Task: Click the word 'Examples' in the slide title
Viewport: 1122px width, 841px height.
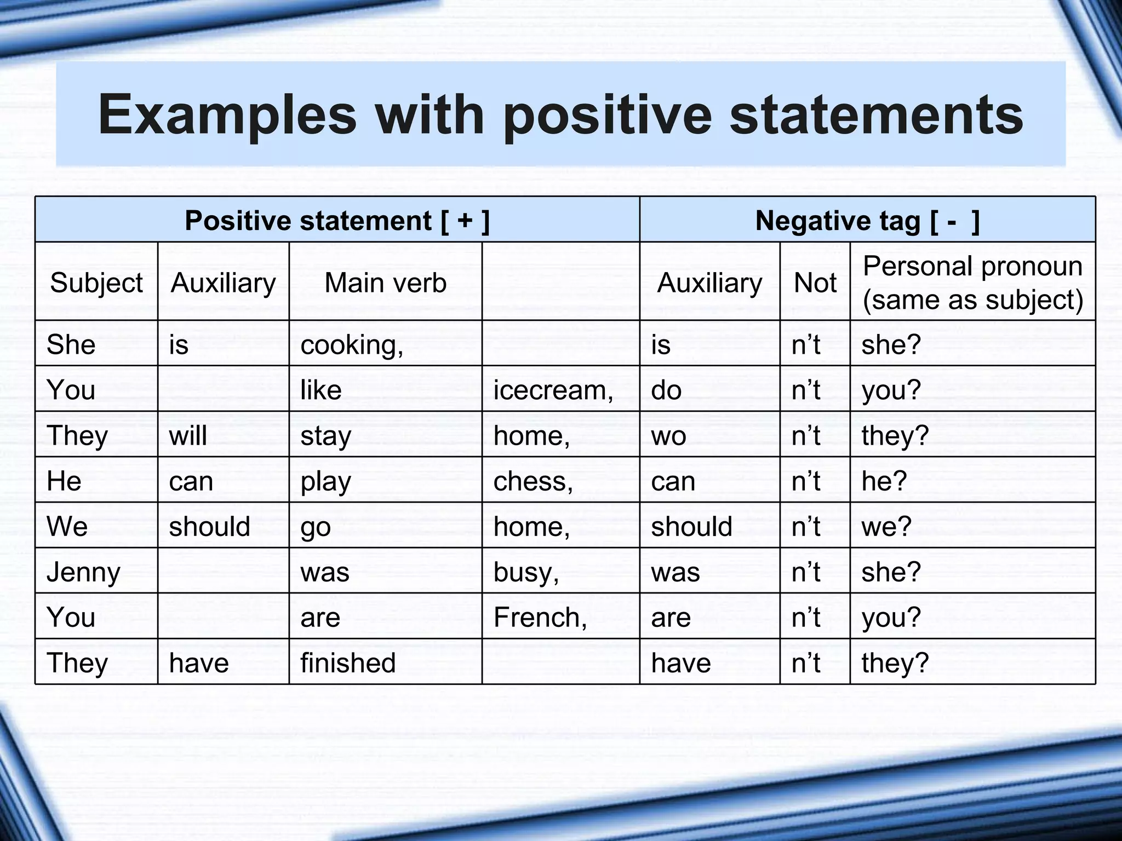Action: coord(227,115)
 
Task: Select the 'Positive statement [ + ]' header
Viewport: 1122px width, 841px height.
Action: coord(337,221)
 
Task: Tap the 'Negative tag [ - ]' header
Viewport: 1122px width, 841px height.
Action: coord(867,221)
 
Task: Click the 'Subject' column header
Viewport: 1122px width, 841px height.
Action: coord(96,283)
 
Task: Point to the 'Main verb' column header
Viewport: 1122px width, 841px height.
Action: coord(385,283)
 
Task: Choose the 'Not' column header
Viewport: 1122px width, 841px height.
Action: coord(815,283)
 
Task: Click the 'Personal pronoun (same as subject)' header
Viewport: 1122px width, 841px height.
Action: coord(972,283)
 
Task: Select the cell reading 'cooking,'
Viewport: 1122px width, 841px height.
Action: coord(352,345)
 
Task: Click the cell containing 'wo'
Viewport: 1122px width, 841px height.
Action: coord(668,436)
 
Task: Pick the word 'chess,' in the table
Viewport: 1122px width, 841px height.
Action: coord(533,481)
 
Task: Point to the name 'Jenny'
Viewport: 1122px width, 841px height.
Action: coord(83,573)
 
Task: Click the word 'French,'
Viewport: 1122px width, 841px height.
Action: coord(540,618)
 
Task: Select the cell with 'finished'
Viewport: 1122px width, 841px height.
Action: coord(348,663)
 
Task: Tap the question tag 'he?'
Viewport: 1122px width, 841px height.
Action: coord(884,481)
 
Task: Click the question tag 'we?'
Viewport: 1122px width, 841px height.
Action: coord(886,527)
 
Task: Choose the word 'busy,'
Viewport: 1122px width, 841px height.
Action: coord(526,573)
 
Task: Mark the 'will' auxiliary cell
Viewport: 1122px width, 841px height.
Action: coord(188,436)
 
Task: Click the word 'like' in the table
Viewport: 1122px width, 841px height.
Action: coord(321,390)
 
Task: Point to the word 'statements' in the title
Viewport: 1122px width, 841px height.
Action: coord(876,115)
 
